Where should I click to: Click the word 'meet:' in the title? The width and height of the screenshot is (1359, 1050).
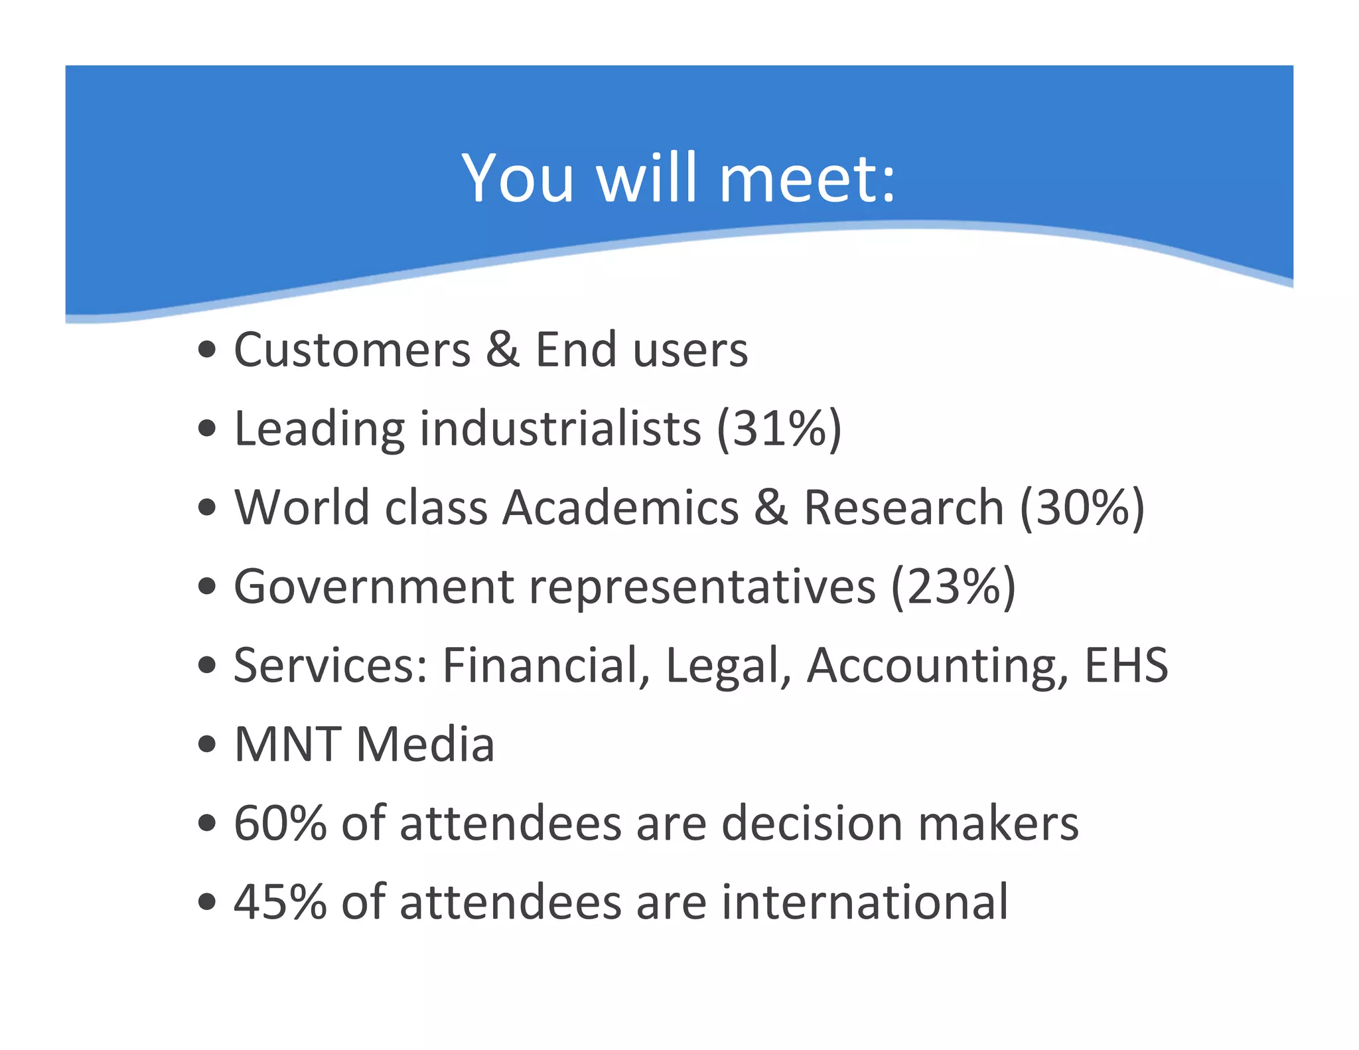coord(808,178)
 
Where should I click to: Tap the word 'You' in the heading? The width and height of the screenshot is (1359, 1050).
coord(518,178)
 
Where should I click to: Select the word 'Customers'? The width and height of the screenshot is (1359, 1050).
coord(352,350)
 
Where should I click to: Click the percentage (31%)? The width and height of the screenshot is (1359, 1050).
coord(779,429)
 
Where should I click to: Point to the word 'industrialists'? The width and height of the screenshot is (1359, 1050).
coord(560,429)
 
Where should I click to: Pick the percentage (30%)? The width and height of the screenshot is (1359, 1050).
coord(1082,508)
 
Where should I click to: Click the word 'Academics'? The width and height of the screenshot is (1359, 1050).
coord(620,508)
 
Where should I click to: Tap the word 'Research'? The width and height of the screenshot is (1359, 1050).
coord(904,508)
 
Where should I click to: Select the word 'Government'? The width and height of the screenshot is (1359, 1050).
coord(374,587)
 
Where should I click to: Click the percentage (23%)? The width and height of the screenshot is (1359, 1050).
coord(953,587)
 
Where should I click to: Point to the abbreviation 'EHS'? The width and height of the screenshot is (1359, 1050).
coord(1125,665)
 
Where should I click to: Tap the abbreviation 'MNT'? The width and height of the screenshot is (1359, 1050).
coord(287,744)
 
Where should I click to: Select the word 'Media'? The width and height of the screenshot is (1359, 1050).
coord(425,744)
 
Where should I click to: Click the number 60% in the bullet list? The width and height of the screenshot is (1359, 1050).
coord(280,823)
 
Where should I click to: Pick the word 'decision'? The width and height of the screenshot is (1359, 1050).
coord(812,823)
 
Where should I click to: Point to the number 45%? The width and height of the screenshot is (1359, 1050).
coord(280,902)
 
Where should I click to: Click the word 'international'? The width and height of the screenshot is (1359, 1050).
coord(865,902)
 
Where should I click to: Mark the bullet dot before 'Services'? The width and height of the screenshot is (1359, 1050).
coord(207,665)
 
